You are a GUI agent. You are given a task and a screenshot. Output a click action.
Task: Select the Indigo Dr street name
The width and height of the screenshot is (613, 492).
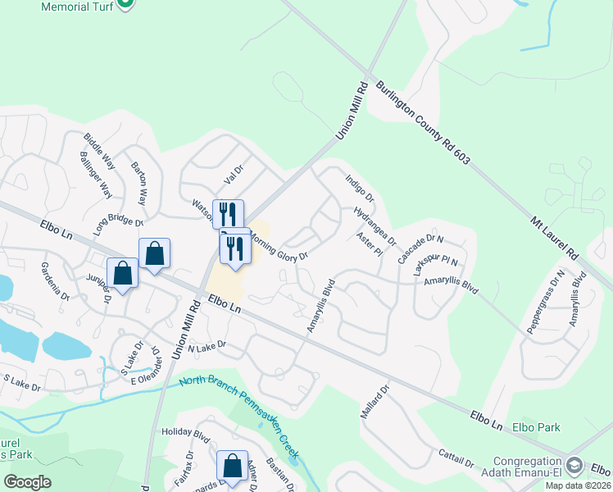pos(359,187)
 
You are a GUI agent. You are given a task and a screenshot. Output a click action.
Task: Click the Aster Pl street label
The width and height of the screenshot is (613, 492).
pos(370,244)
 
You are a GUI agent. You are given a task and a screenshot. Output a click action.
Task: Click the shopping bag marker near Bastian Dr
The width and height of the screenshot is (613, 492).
pos(232,465)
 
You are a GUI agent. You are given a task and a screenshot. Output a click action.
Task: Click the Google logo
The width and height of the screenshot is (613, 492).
pos(27,481)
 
